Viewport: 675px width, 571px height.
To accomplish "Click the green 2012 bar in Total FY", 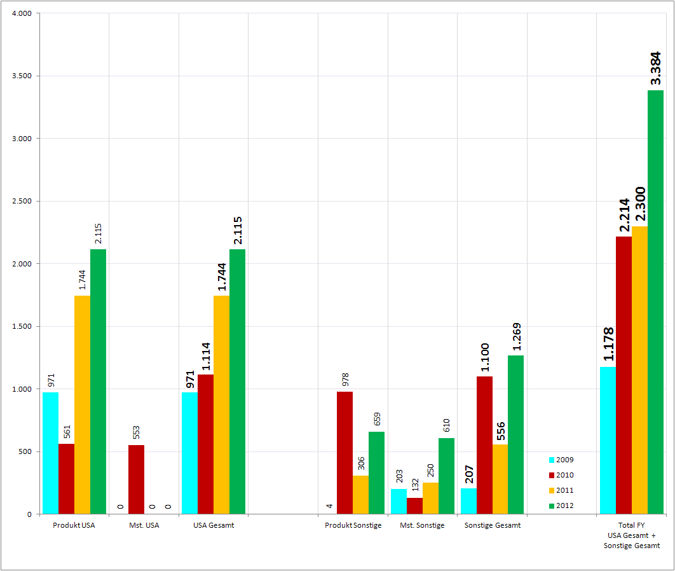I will pos(655,302).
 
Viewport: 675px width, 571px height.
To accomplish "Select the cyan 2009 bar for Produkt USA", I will pos(50,453).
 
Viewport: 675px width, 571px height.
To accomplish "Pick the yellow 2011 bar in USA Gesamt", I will pos(221,404).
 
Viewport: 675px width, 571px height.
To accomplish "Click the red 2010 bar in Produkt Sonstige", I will pos(344,453).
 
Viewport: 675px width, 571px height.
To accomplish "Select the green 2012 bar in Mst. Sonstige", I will pos(446,476).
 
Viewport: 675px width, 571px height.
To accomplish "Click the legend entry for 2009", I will pos(561,460).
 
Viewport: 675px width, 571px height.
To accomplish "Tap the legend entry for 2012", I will pos(561,506).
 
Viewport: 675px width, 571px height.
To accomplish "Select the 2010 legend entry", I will pos(561,475).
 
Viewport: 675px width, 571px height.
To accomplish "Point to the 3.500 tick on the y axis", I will pos(22,76).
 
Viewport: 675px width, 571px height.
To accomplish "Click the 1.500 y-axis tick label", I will pos(22,327).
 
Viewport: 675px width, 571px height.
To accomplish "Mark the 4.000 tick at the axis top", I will pos(22,13).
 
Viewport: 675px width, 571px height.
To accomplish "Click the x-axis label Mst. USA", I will pos(144,525).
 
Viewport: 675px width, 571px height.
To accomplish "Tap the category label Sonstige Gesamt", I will pos(492,525).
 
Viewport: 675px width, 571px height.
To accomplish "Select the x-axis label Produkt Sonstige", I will pos(353,525).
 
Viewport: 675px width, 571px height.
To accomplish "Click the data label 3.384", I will pos(655,69).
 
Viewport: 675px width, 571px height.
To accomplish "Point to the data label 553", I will pos(136,432).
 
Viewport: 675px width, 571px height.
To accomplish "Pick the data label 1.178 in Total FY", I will pos(608,344).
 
